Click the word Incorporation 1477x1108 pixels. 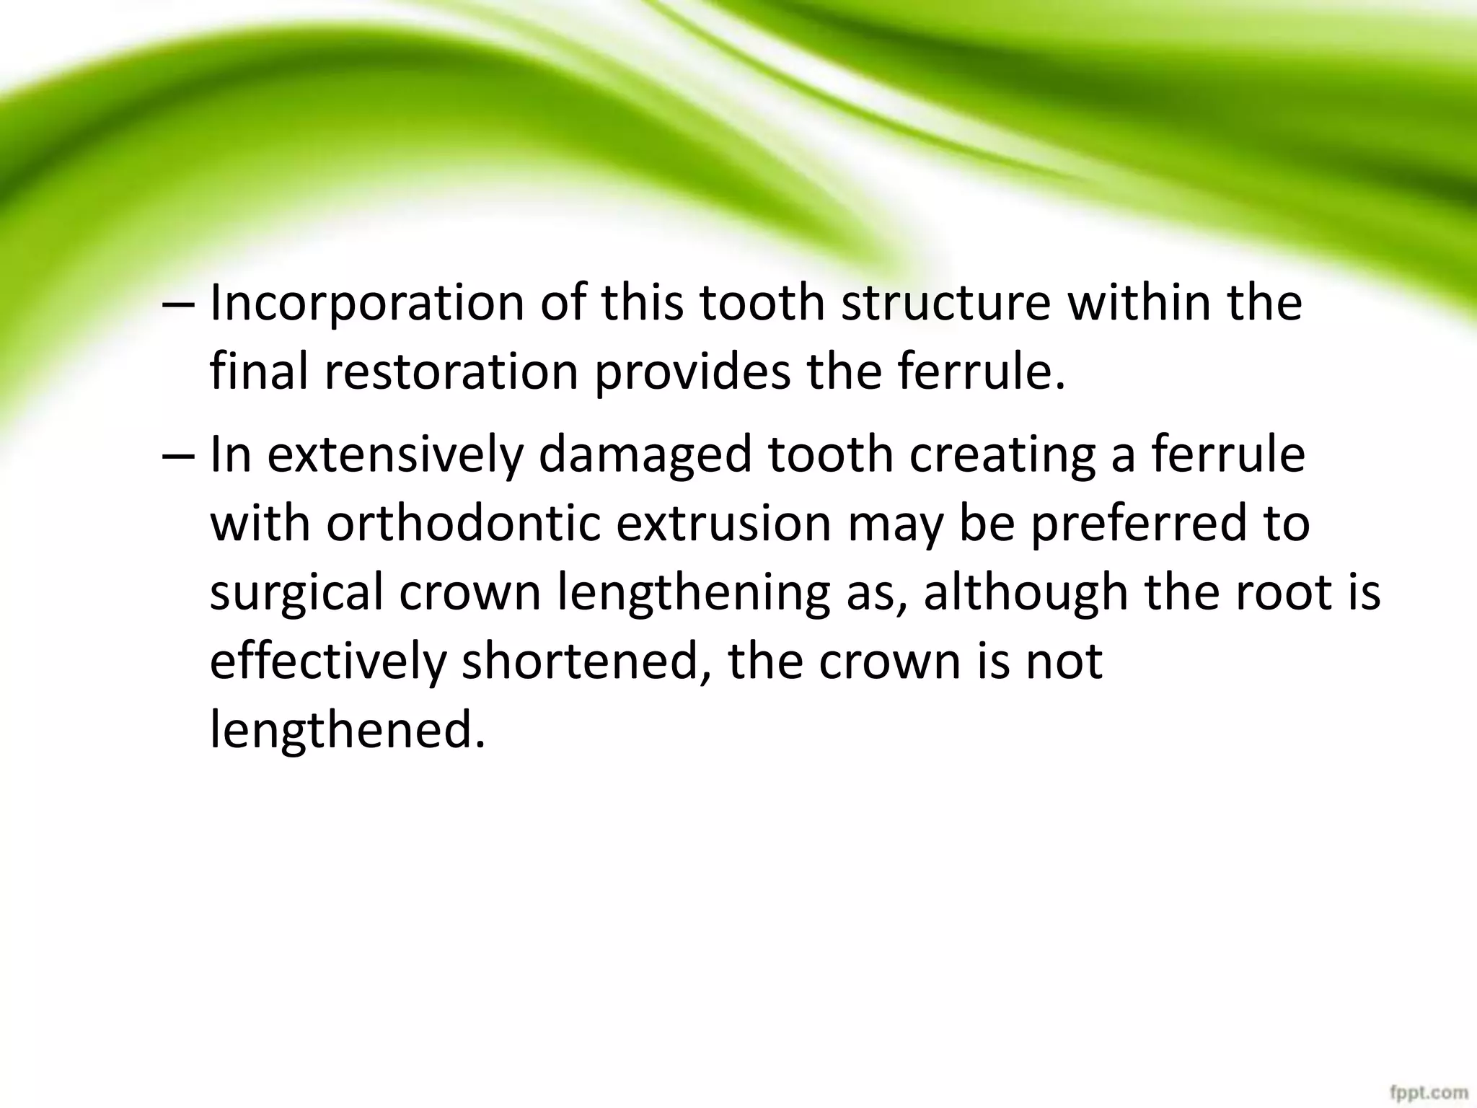(366, 303)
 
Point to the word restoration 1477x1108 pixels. (451, 372)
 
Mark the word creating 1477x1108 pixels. (1003, 456)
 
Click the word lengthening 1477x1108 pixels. (693, 593)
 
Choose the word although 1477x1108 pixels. (1026, 593)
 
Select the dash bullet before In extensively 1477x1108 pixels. (178, 456)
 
